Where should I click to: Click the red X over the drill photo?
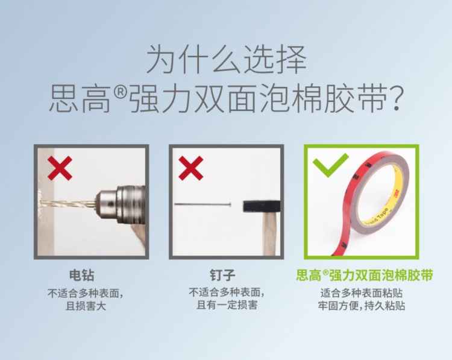pos(60,168)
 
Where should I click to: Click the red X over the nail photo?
pos(191,168)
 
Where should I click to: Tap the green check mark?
pos(331,165)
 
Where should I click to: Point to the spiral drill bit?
pos(67,204)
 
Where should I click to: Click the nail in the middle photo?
pos(202,204)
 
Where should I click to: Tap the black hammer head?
pos(262,207)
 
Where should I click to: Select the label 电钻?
pos(82,275)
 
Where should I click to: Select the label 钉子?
pos(222,275)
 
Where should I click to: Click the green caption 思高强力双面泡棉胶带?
pos(365,275)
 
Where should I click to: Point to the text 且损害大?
pos(86,306)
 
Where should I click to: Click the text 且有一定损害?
pos(227,305)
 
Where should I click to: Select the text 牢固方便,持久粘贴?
pos(362,306)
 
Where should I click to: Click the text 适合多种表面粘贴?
pos(362,293)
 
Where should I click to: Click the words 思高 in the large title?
pos(80,98)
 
